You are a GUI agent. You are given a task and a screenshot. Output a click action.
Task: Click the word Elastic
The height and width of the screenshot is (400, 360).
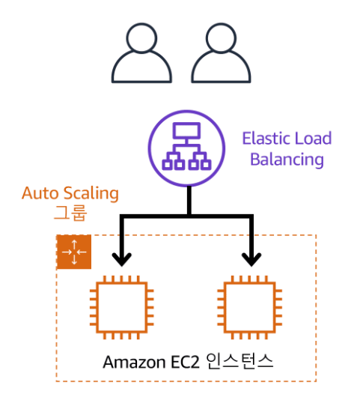[x=266, y=139]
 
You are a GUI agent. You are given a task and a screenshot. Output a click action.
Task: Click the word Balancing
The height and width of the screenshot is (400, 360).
[x=287, y=160]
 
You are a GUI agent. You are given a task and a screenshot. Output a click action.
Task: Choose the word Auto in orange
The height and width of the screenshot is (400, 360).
[x=40, y=193]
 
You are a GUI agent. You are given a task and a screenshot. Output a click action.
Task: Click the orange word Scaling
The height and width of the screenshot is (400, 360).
[x=91, y=194]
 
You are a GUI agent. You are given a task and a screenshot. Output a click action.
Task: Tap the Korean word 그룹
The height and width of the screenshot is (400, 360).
[x=70, y=212]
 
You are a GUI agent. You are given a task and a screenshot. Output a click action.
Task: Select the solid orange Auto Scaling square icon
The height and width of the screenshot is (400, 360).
[x=74, y=252]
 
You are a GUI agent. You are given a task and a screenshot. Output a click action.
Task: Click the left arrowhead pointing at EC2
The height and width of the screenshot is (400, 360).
[x=121, y=259]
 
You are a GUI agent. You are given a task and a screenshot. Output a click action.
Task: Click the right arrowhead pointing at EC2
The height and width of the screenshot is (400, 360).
[x=251, y=259]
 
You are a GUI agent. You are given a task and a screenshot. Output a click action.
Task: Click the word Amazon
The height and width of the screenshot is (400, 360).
[x=134, y=362]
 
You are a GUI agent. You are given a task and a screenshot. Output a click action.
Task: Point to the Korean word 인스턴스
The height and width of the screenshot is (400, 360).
[x=240, y=361]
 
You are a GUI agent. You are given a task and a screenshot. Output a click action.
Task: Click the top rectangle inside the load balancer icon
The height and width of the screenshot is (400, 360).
[x=186, y=131]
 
